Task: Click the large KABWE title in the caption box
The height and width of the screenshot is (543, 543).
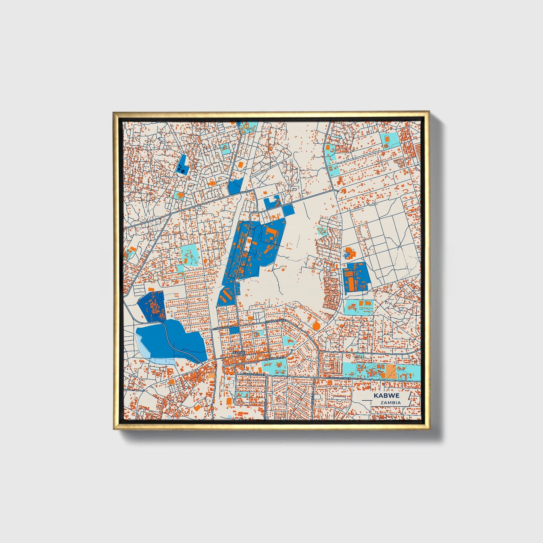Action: [386, 396]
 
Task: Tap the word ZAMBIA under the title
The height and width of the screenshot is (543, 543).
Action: [390, 402]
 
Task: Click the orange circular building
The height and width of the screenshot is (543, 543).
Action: [316, 326]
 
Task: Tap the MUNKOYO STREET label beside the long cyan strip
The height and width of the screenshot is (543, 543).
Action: [338, 378]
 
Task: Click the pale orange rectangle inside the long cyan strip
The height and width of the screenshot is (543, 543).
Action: [391, 371]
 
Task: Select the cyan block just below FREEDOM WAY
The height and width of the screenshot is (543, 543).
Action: [274, 367]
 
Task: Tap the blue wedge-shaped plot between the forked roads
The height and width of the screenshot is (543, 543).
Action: [235, 186]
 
